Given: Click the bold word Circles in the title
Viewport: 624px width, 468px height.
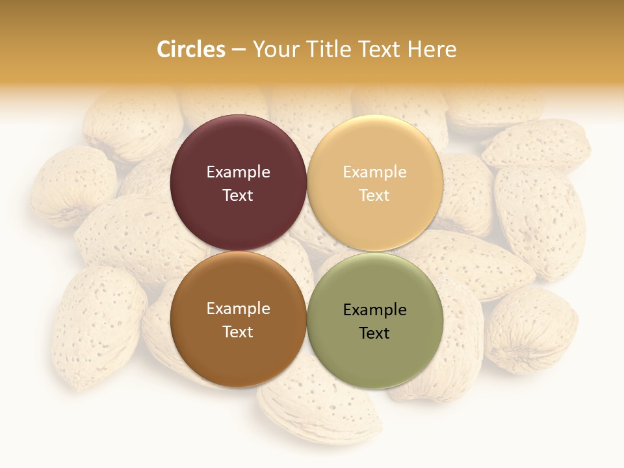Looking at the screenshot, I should coord(191,49).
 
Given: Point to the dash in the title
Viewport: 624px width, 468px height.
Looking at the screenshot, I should coord(239,50).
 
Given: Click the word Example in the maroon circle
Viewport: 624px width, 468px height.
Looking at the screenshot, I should coord(238,172).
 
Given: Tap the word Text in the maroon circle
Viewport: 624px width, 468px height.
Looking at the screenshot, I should coord(238,195).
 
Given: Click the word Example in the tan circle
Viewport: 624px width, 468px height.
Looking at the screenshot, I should coord(375,172).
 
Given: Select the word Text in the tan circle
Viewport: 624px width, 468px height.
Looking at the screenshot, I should coord(375,195).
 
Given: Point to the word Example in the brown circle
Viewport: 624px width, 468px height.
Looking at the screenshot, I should coord(238,308).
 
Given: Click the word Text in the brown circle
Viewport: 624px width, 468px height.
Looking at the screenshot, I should coord(238,331).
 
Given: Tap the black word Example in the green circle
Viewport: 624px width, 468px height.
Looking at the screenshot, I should coord(375,309).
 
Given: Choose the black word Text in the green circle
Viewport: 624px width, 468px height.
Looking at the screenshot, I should coord(375,333).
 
